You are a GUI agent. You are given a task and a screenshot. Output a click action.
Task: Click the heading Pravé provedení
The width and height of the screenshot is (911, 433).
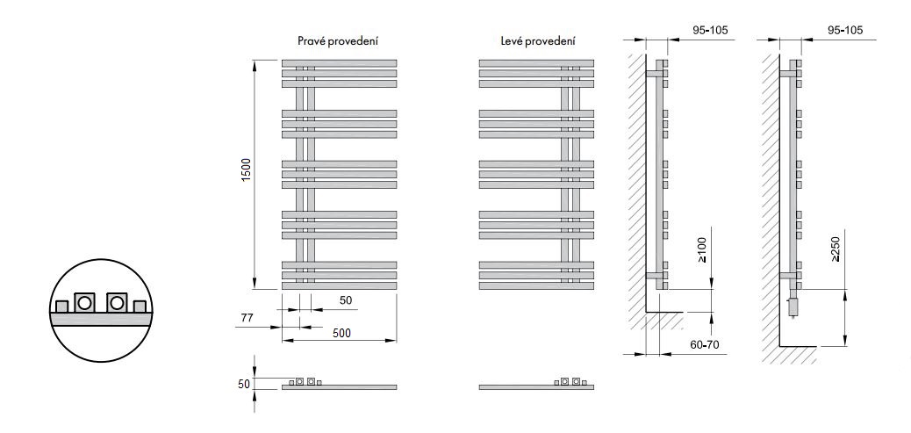pyautogui.click(x=339, y=41)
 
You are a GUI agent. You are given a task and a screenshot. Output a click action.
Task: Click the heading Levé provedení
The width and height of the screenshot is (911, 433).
pyautogui.click(x=538, y=41)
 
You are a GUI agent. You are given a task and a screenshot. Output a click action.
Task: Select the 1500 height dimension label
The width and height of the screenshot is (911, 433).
pyautogui.click(x=246, y=171)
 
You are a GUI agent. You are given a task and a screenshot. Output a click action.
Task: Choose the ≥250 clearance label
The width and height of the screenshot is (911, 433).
pyautogui.click(x=836, y=249)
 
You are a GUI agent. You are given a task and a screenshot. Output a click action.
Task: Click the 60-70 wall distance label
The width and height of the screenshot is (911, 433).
pyautogui.click(x=706, y=344)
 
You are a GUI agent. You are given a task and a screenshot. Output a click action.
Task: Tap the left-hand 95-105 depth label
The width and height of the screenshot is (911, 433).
pyautogui.click(x=711, y=30)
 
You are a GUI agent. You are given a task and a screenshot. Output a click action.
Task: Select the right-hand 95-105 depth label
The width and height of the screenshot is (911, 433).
pyautogui.click(x=845, y=30)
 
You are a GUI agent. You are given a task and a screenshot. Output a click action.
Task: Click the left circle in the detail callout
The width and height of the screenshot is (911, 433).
pyautogui.click(x=85, y=303)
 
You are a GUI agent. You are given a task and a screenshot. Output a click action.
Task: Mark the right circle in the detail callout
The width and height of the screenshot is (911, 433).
pyautogui.click(x=117, y=303)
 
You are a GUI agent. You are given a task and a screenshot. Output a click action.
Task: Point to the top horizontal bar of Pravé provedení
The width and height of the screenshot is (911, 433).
pyautogui.click(x=340, y=62)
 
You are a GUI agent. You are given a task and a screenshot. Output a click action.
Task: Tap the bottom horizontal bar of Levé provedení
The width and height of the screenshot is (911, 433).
pyautogui.click(x=536, y=286)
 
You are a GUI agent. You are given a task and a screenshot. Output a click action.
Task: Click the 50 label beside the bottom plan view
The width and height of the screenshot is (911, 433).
pyautogui.click(x=244, y=384)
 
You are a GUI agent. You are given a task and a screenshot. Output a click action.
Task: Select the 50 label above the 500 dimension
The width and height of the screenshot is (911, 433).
pyautogui.click(x=346, y=299)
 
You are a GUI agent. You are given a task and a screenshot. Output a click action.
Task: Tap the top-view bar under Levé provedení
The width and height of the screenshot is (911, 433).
pyautogui.click(x=536, y=387)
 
